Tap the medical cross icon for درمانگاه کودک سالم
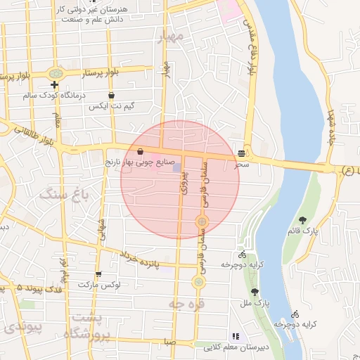54,85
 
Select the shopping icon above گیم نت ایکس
111,95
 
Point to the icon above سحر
242,153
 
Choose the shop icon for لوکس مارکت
98,274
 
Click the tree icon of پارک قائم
302,220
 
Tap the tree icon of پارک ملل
255,292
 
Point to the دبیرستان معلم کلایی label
243,347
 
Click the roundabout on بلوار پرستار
56,73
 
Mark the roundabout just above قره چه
199,282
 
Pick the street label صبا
169,342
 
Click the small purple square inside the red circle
177,167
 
